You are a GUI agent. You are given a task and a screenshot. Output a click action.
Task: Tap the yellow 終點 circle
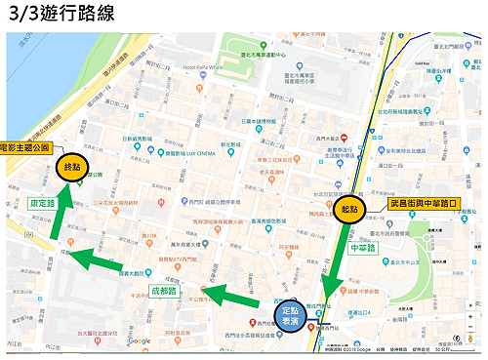71,165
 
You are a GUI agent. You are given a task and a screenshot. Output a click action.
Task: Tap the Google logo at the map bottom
140,340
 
